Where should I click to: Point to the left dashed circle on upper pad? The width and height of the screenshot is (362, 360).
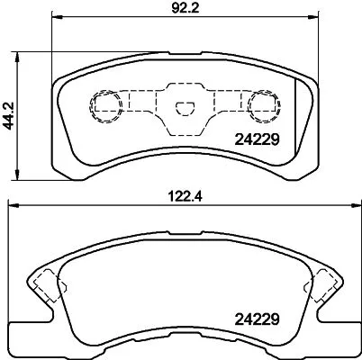point(104,105)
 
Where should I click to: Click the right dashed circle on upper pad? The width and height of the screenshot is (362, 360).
point(264,105)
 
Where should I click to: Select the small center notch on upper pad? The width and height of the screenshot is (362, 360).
point(184,110)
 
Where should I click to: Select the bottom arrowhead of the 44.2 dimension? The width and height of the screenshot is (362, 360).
point(21,176)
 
